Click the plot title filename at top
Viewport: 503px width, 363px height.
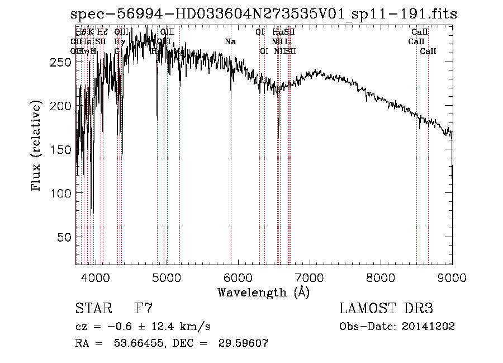click(264, 15)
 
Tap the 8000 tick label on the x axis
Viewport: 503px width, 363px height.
click(381, 277)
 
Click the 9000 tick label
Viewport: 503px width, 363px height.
click(452, 277)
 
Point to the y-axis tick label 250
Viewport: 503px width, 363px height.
click(60, 63)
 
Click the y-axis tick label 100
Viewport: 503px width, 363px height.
click(60, 194)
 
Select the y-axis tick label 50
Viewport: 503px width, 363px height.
click(64, 237)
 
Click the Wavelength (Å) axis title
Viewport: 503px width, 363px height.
click(263, 292)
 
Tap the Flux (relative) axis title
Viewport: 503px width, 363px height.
click(37, 147)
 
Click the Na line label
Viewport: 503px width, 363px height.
click(230, 41)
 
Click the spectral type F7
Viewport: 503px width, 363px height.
click(144, 309)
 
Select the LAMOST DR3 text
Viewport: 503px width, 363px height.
click(386, 309)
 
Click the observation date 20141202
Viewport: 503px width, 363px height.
click(430, 327)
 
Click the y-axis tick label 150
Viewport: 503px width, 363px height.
click(60, 150)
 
